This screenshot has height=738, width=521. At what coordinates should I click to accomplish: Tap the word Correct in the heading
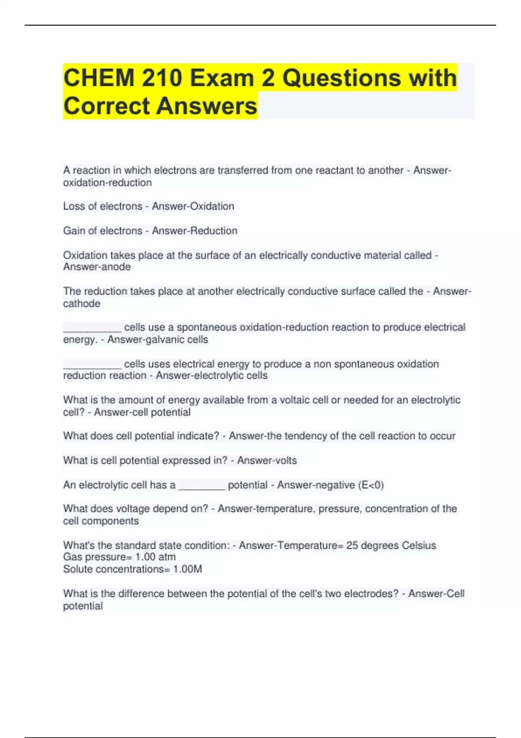click(x=106, y=106)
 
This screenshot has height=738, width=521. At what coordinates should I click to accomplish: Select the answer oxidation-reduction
click(x=107, y=183)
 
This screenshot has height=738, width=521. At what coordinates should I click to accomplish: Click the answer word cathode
click(x=82, y=303)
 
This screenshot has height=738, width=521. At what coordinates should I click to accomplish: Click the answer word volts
click(x=282, y=461)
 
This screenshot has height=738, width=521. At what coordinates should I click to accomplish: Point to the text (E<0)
click(x=371, y=485)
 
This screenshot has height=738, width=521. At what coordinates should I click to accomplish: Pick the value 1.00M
click(x=188, y=569)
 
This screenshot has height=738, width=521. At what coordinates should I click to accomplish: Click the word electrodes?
click(x=372, y=593)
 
